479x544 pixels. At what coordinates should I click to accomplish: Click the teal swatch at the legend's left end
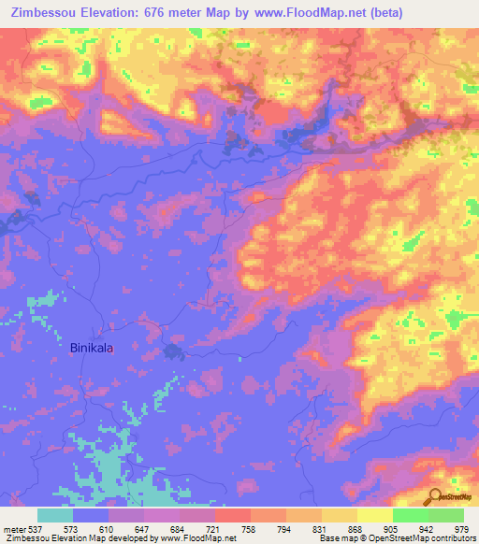click(x=55, y=515)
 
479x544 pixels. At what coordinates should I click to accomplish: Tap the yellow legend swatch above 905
click(x=374, y=515)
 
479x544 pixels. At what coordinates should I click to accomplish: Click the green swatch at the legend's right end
click(x=446, y=515)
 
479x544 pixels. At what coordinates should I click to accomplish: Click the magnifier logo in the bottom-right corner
click(x=435, y=495)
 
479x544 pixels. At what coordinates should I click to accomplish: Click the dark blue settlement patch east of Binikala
click(x=173, y=351)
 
